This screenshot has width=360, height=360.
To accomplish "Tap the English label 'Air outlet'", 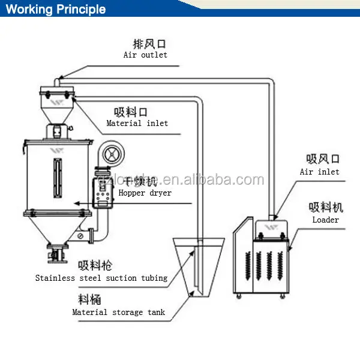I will (145, 55).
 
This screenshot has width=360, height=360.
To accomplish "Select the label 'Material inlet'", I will (137, 123).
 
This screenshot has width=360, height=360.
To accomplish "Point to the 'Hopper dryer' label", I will (145, 193).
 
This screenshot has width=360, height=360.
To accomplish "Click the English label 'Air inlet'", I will (319, 172).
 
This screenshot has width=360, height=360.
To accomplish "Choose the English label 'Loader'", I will (325, 220).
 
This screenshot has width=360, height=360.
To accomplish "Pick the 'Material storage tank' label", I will (119, 312).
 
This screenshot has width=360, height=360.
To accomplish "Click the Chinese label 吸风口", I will (323, 159).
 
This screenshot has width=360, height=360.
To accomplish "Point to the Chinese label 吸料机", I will (326, 208).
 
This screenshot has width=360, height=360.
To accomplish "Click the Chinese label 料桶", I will (86, 299).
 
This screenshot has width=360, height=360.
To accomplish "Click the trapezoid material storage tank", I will (197, 267).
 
